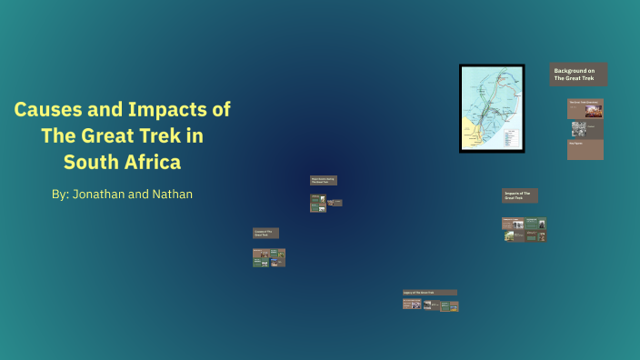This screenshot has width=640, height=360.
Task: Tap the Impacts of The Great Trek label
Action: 519,195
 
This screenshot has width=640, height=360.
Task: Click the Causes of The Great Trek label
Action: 265,233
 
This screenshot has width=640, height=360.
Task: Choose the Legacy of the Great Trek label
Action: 429,293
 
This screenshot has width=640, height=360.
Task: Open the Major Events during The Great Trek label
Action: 323,181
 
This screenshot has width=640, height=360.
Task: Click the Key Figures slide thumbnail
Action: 585,149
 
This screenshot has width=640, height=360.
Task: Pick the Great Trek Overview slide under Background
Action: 585,108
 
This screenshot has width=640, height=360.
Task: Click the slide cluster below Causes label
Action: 269,257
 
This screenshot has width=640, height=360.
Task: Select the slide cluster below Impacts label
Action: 524,229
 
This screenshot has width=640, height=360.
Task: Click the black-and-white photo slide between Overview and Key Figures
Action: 579,129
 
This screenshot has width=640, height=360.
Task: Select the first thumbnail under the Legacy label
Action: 411,305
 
